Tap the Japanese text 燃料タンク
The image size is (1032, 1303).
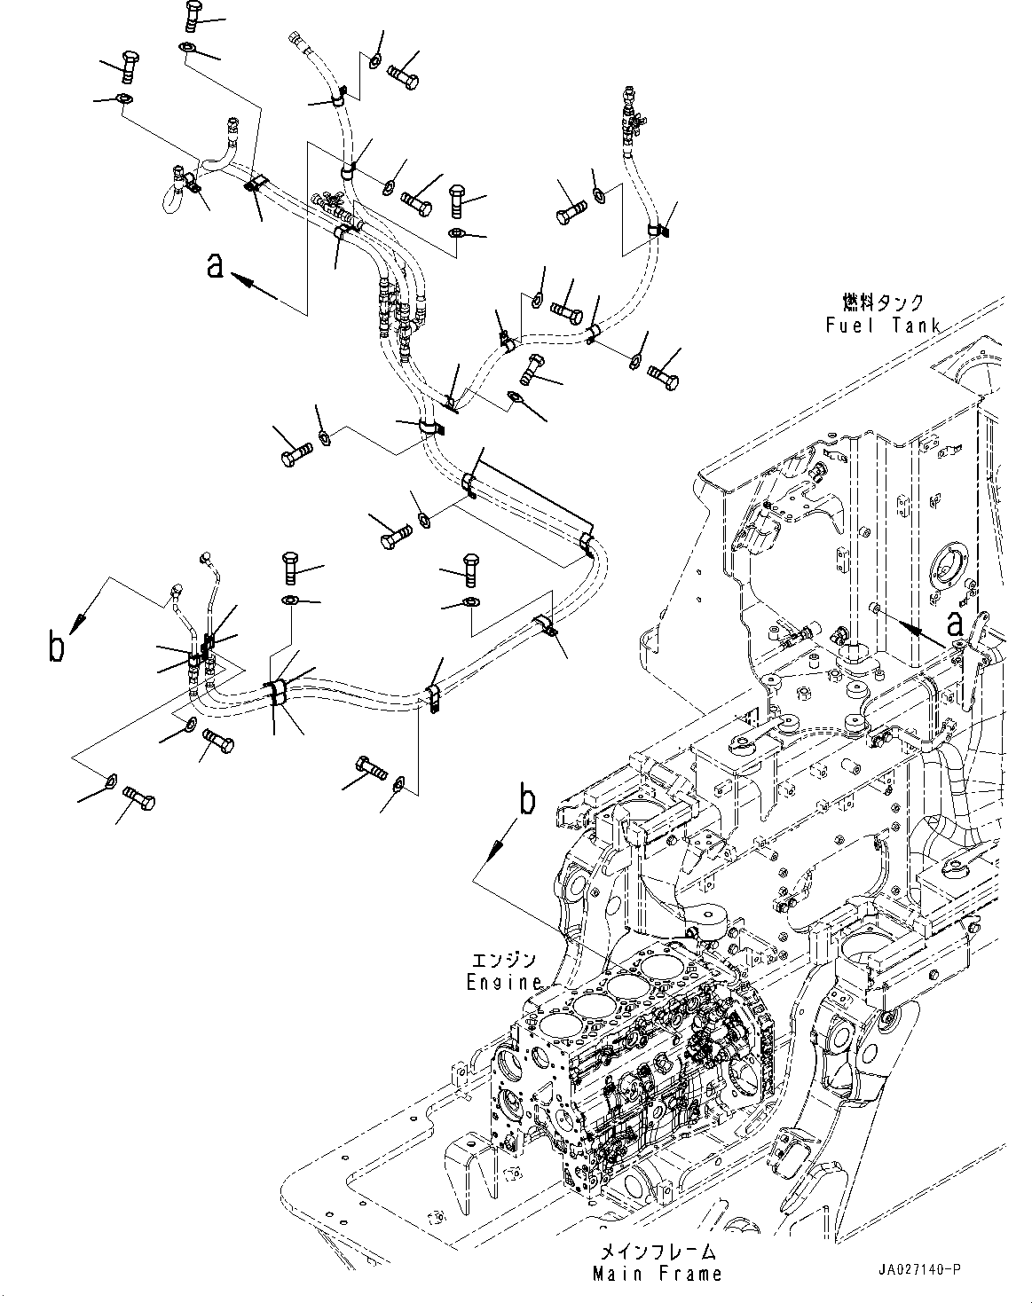coord(883,303)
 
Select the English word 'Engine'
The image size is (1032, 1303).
coord(504,982)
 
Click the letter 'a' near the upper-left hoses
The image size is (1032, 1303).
coord(215,264)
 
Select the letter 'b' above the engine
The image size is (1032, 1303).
coord(527,801)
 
